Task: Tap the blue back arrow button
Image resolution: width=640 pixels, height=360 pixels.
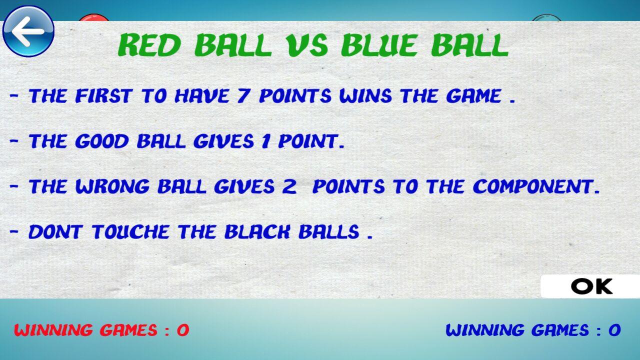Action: [28, 31]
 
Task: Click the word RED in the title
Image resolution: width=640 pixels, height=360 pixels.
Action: [149, 45]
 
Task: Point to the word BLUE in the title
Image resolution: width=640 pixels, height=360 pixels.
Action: [378, 45]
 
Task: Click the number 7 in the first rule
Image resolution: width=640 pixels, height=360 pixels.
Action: [243, 95]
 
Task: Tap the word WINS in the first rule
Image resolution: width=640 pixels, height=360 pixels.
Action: [365, 95]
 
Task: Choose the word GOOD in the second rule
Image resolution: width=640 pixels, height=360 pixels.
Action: [102, 141]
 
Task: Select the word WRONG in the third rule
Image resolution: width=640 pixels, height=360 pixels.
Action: [112, 186]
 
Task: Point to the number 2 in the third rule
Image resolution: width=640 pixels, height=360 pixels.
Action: [289, 186]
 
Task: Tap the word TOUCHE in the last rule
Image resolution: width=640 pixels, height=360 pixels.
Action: [130, 231]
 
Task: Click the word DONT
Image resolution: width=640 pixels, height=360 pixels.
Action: [55, 231]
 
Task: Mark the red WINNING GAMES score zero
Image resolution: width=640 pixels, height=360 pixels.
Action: [183, 330]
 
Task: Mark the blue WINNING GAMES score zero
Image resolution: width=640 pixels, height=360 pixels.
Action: [614, 330]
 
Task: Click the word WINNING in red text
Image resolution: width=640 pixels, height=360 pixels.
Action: [53, 330]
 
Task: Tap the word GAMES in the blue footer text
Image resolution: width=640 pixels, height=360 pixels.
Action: [560, 330]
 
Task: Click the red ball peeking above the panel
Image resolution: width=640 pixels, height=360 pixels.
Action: [93, 17]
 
